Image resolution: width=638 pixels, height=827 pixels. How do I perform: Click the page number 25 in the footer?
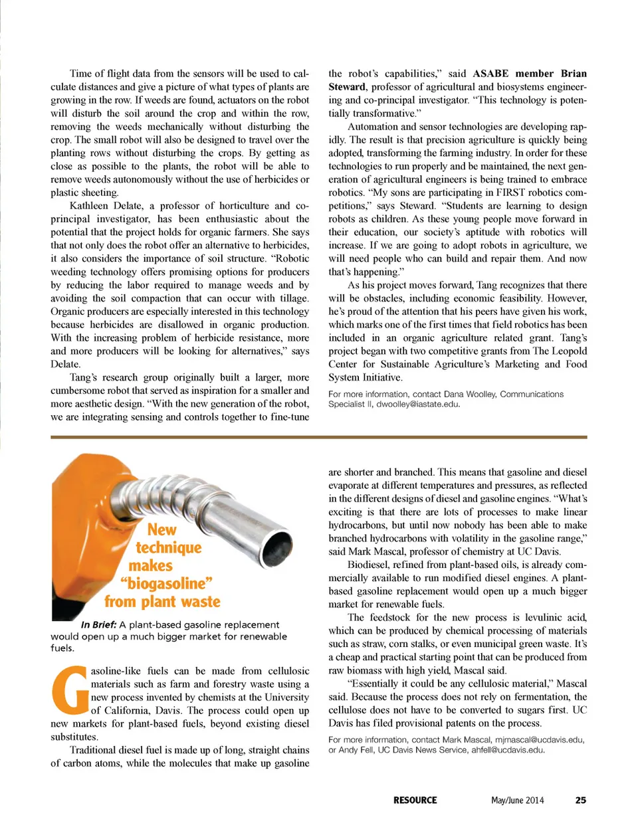pos(580,800)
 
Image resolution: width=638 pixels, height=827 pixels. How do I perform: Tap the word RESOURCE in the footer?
pos(415,800)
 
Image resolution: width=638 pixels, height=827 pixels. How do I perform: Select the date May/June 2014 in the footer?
pos(517,800)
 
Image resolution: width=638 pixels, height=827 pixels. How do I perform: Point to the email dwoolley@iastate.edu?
pos(417,403)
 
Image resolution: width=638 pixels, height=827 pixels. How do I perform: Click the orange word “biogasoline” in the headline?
pos(166,583)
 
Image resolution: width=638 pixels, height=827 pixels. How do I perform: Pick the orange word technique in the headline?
pos(168,547)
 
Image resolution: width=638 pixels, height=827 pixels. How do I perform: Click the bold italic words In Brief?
pos(98,624)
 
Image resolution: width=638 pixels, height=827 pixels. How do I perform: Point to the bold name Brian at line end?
pos(574,73)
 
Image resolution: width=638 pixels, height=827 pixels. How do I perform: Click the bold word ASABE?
pos(490,73)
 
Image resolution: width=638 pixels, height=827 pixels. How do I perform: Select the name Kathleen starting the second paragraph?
pos(88,205)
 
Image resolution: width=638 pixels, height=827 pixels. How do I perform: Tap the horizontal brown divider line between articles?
pos(319,437)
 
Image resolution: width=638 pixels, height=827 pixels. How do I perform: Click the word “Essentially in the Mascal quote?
pos(378,683)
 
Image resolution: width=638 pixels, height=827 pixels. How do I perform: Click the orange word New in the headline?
pos(161,529)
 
